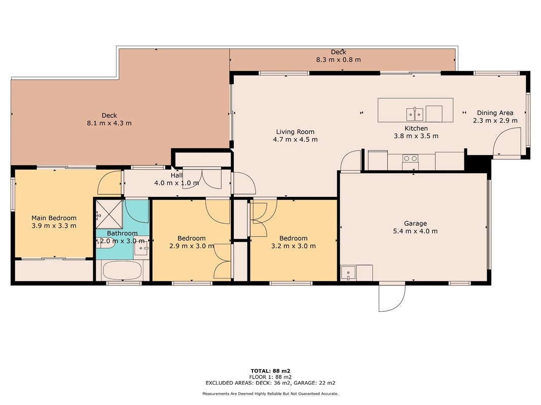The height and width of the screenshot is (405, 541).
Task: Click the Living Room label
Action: tap(295, 132)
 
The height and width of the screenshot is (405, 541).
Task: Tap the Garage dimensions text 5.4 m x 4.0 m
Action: tap(415, 231)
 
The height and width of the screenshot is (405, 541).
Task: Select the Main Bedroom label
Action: tap(54, 218)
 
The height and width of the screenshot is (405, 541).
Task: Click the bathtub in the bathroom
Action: tap(122, 270)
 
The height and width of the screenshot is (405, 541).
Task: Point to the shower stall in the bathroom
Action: tap(109, 214)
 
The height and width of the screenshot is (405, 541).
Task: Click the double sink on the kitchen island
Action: tap(414, 114)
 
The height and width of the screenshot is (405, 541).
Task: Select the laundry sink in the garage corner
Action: tap(348, 273)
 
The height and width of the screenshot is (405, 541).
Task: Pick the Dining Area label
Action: tap(495, 112)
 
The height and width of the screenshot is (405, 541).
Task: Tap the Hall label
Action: tap(176, 175)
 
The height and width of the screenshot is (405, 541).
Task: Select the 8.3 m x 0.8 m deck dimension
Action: tap(339, 60)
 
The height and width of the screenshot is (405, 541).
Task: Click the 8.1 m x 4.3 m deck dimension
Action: tap(109, 123)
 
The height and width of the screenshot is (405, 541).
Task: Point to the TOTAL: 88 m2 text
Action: tap(270, 371)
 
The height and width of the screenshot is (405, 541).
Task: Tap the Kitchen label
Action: tap(416, 128)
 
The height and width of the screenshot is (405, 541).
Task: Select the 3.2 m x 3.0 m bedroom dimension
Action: tap(293, 246)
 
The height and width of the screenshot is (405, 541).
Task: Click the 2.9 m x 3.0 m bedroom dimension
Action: tap(192, 246)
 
